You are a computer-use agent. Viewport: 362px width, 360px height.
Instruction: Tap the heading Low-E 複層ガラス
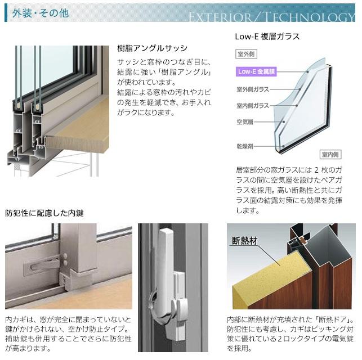tap(267, 37)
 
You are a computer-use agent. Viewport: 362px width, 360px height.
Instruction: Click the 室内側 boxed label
tap(330, 154)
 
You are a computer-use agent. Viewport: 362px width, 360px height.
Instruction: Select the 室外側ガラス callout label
tap(253, 89)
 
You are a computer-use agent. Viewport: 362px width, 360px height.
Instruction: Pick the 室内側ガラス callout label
tap(253, 105)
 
